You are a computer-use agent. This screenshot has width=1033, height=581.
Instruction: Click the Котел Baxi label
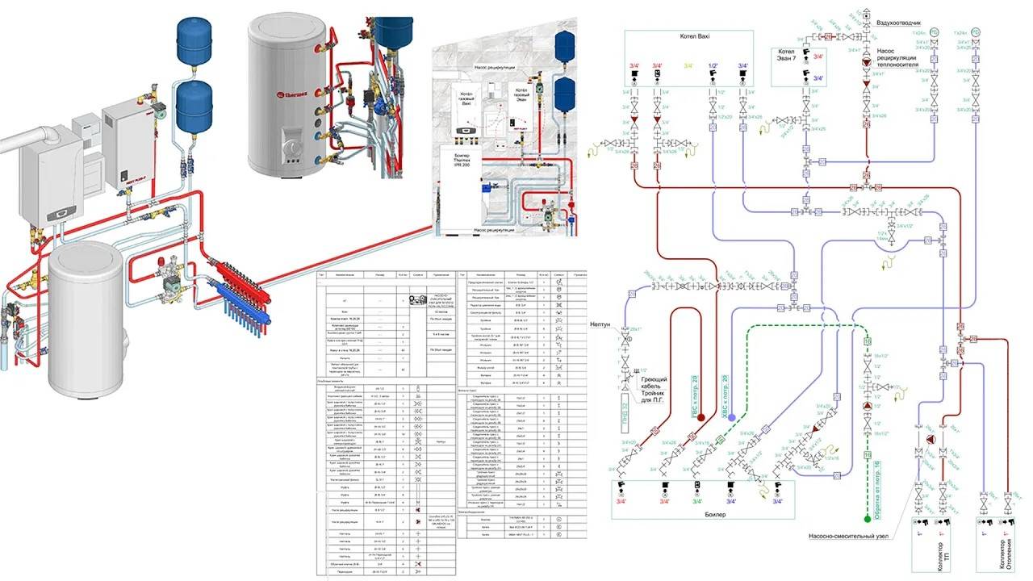(689, 37)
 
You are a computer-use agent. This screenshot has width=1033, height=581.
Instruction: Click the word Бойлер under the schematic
(703, 514)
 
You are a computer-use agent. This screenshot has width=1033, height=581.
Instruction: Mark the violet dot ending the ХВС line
(721, 419)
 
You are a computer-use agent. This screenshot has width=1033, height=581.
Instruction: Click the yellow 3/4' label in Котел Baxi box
(688, 65)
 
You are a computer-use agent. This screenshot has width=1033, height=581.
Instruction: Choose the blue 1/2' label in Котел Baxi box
(713, 65)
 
